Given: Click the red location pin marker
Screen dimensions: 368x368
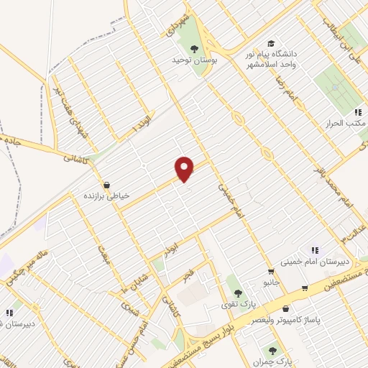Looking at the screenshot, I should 185,168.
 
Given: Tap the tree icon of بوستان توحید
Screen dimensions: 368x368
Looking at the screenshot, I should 194,48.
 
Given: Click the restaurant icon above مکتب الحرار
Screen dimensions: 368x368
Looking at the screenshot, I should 356,112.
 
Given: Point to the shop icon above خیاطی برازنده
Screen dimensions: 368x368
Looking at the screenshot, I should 106,185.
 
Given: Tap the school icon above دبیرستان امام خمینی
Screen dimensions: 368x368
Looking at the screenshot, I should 313,249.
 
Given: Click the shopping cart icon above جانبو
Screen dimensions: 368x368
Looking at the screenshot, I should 270,271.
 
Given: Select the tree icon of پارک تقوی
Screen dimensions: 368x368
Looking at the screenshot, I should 238,293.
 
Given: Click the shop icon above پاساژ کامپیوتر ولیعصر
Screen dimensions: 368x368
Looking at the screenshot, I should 305,288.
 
